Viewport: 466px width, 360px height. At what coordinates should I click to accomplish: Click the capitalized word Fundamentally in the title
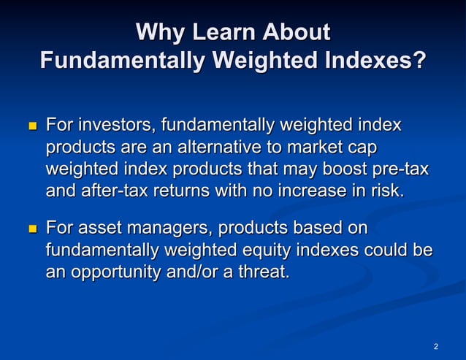116,59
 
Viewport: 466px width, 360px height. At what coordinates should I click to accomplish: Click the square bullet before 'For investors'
31,126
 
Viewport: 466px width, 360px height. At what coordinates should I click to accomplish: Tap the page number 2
435,345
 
